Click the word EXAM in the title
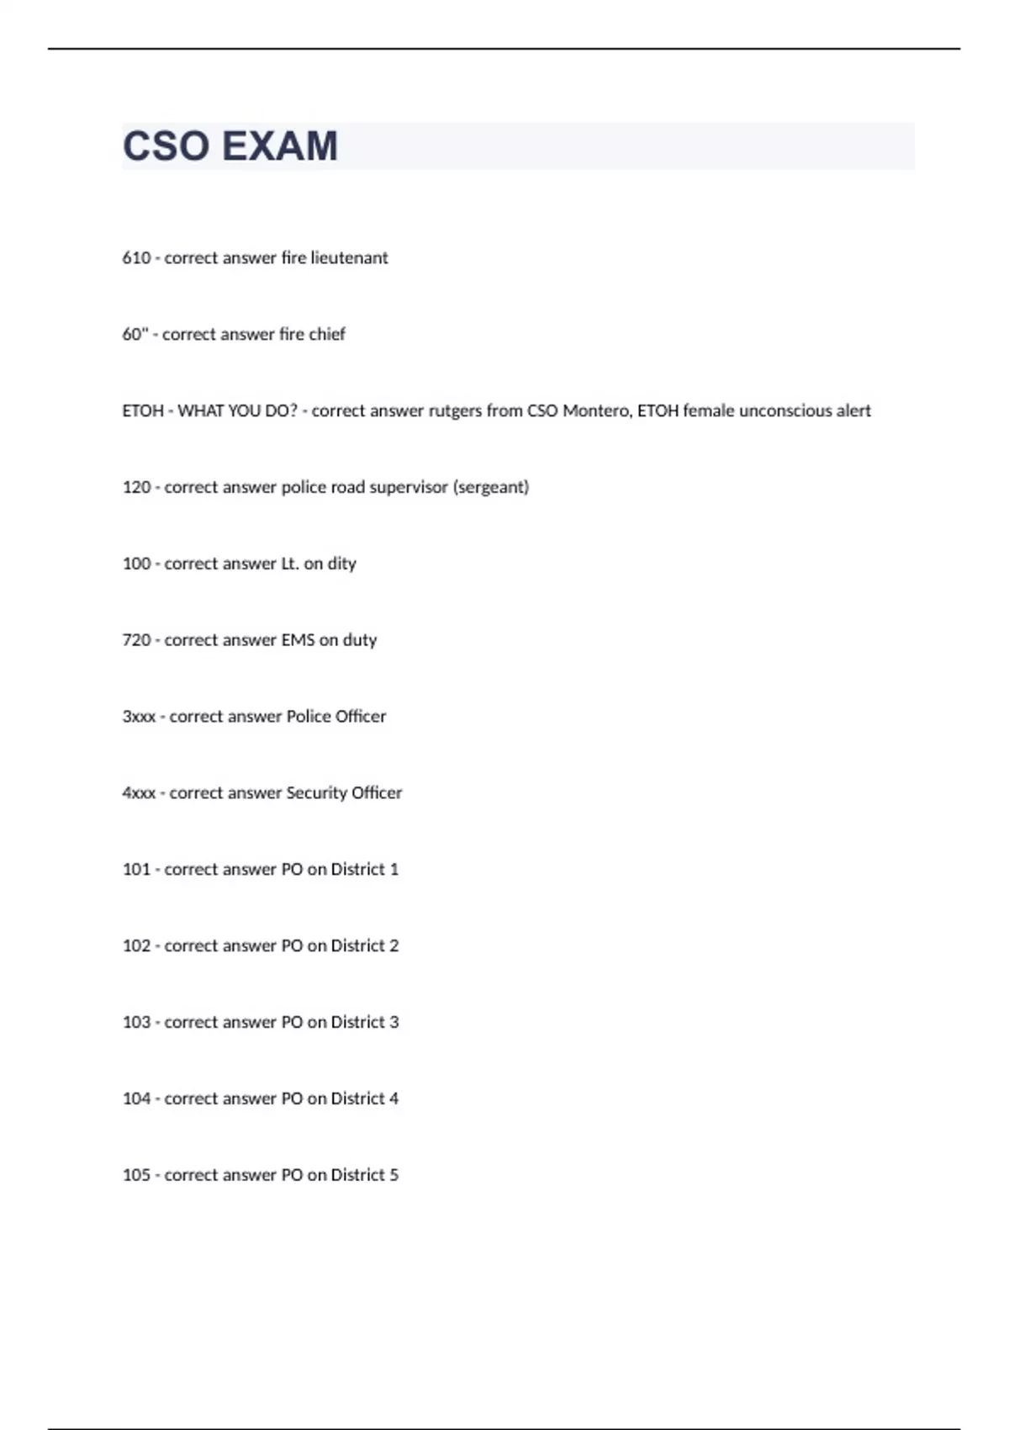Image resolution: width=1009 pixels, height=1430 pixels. [281, 146]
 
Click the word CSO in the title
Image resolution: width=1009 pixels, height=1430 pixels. [166, 146]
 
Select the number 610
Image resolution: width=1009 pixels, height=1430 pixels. [136, 257]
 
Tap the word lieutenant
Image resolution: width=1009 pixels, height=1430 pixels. [349, 257]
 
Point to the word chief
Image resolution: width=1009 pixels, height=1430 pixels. [326, 334]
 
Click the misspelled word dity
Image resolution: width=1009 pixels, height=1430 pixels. [341, 564]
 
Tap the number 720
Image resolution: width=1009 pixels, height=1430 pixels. [136, 640]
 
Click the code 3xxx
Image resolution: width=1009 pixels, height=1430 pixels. [139, 717]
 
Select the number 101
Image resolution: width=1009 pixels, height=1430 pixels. [136, 869]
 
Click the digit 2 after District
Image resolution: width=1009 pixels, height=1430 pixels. [394, 945]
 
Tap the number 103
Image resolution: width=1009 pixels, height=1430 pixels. [136, 1022]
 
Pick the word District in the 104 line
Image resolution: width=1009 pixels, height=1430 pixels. [357, 1099]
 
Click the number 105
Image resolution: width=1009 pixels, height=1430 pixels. [136, 1175]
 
